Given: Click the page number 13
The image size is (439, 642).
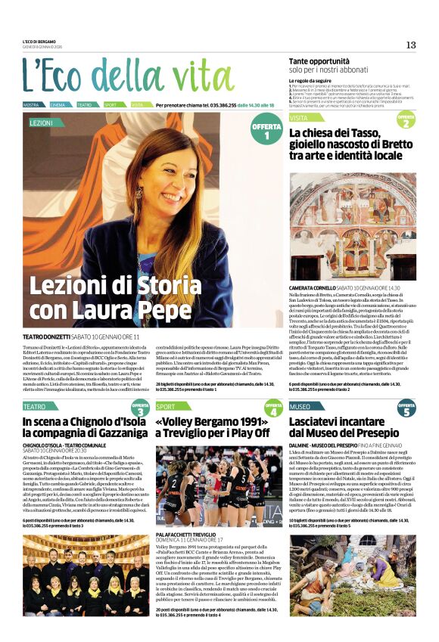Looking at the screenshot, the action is [x=411, y=45].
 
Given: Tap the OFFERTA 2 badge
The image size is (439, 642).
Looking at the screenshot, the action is [x=406, y=120].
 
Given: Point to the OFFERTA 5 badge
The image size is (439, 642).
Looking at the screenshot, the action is [x=406, y=409].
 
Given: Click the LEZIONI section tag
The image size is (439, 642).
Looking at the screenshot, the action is [x=41, y=122].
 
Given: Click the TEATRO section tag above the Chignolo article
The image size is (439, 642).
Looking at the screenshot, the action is [x=35, y=407].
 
